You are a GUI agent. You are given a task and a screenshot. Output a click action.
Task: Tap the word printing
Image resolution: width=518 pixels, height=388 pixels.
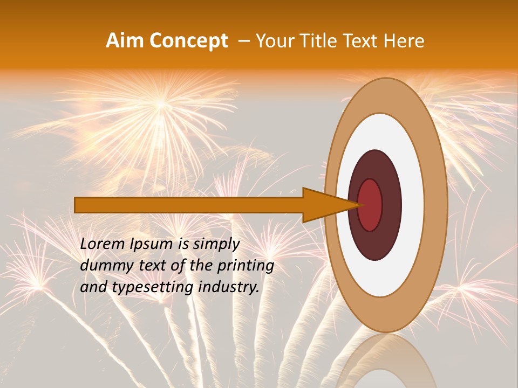pos(246,266)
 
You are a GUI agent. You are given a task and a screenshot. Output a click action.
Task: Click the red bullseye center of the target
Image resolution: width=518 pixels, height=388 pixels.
pos(370,205)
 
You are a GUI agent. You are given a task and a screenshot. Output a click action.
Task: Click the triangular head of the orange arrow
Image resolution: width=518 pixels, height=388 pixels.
pos(324,205)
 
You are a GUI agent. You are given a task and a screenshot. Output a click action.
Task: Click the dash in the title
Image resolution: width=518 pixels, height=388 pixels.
pos(243,41)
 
